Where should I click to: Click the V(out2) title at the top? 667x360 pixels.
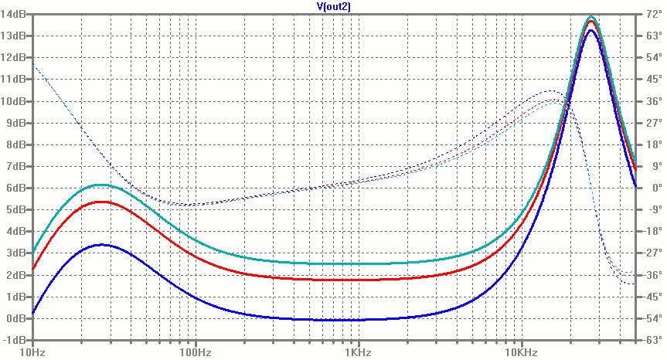tap(333, 6)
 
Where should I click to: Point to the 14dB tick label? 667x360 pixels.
tap(15, 14)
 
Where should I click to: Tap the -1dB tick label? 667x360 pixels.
tap(16, 340)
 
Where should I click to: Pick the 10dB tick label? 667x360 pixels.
tap(15, 101)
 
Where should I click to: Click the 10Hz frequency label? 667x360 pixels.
tap(32, 352)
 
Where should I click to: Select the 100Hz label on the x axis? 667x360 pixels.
tap(196, 352)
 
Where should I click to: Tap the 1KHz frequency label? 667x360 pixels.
tap(358, 352)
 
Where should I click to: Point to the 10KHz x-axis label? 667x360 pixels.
tap(520, 352)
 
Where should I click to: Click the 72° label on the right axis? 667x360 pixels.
tap(651, 14)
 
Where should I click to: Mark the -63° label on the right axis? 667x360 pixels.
tap(651, 340)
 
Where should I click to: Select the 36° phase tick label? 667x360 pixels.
tap(651, 101)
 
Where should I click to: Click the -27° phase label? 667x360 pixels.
tap(651, 253)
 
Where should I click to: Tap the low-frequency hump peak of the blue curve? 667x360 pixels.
tap(102, 245)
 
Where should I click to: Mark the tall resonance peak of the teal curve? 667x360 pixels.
tap(591, 16)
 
